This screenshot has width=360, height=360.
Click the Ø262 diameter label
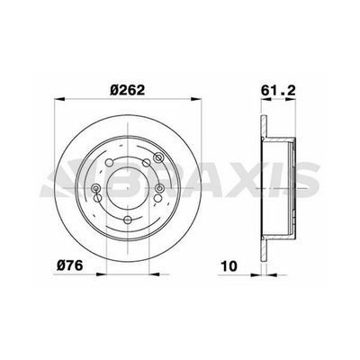click(x=128, y=90)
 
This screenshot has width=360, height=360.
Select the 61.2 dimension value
click(x=278, y=90)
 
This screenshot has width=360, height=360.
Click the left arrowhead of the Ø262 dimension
click(x=59, y=99)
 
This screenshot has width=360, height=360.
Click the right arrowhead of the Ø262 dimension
click(x=196, y=99)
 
